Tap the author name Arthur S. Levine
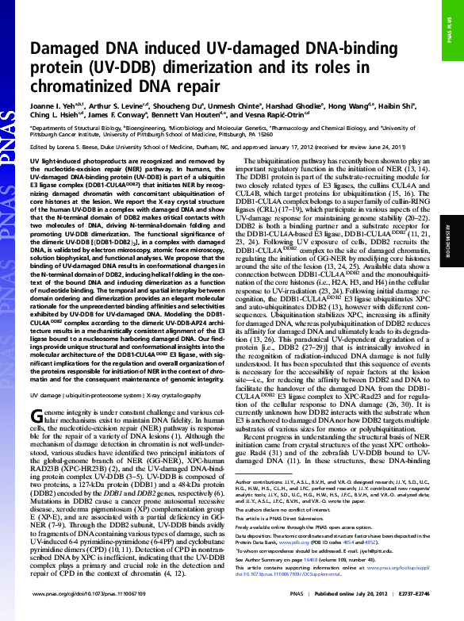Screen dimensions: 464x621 113,104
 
